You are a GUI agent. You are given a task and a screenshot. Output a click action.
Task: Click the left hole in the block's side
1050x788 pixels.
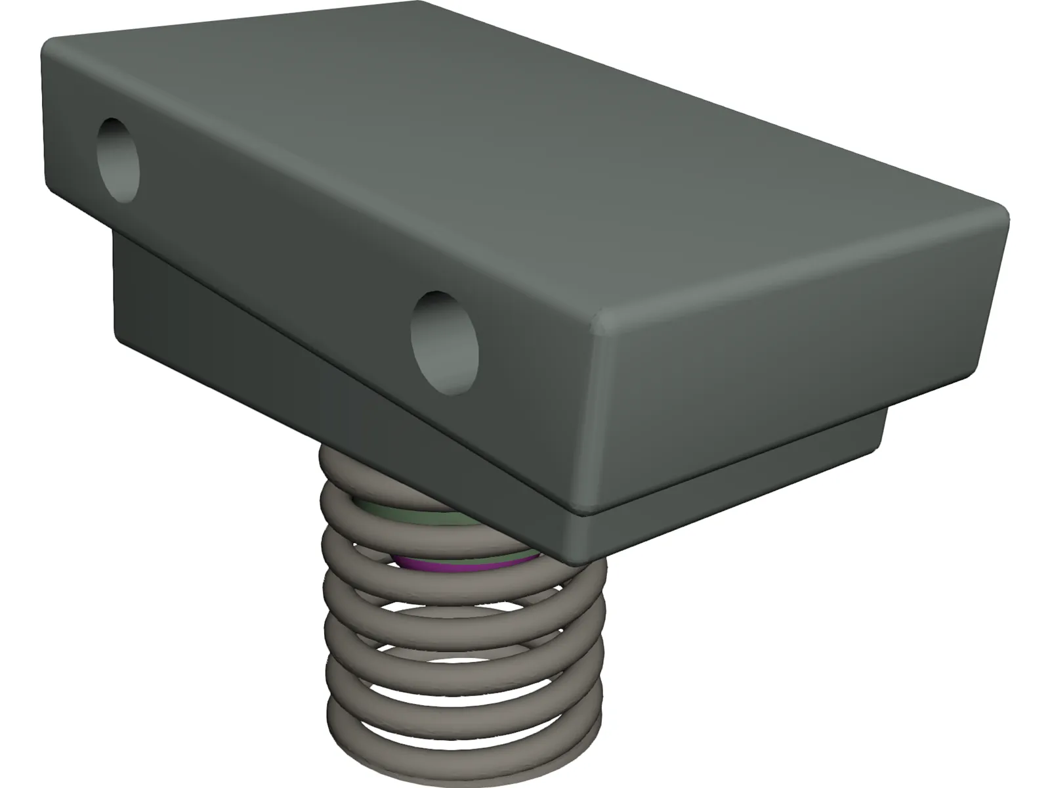pos(119,159)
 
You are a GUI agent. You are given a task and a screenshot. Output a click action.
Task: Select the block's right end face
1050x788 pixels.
pos(787,368)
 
